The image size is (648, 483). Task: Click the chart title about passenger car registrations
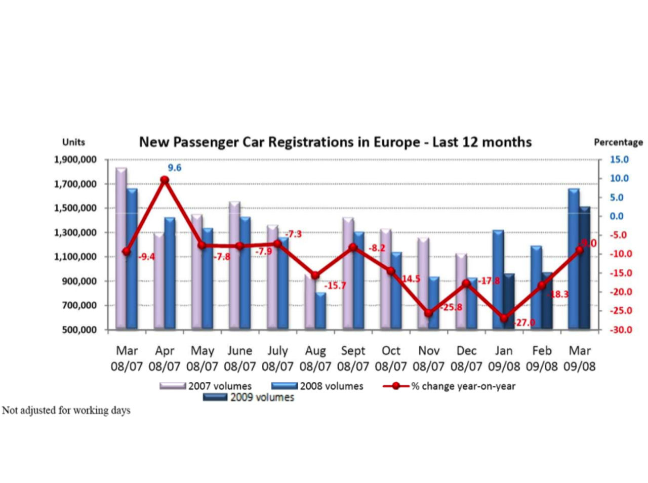(x=335, y=142)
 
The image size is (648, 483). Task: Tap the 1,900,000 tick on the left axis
(x=75, y=159)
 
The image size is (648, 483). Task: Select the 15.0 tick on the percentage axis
(x=619, y=159)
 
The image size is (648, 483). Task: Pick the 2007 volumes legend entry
(x=206, y=386)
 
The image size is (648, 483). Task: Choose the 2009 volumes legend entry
(x=249, y=397)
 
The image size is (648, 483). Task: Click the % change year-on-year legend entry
(x=450, y=386)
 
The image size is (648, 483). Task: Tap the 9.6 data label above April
(x=175, y=168)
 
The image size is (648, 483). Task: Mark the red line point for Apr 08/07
(x=165, y=180)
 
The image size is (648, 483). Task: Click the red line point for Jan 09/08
(x=504, y=318)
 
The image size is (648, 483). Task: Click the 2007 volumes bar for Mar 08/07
(x=121, y=248)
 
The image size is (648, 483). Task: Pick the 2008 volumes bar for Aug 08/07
(x=320, y=311)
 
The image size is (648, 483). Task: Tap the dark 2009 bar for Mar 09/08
(x=585, y=268)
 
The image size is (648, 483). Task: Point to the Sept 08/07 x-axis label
(x=353, y=358)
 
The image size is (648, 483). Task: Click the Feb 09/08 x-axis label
(x=542, y=358)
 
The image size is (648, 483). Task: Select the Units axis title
(x=73, y=142)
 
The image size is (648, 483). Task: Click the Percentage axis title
(x=618, y=142)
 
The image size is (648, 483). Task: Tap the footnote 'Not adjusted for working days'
(x=66, y=410)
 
